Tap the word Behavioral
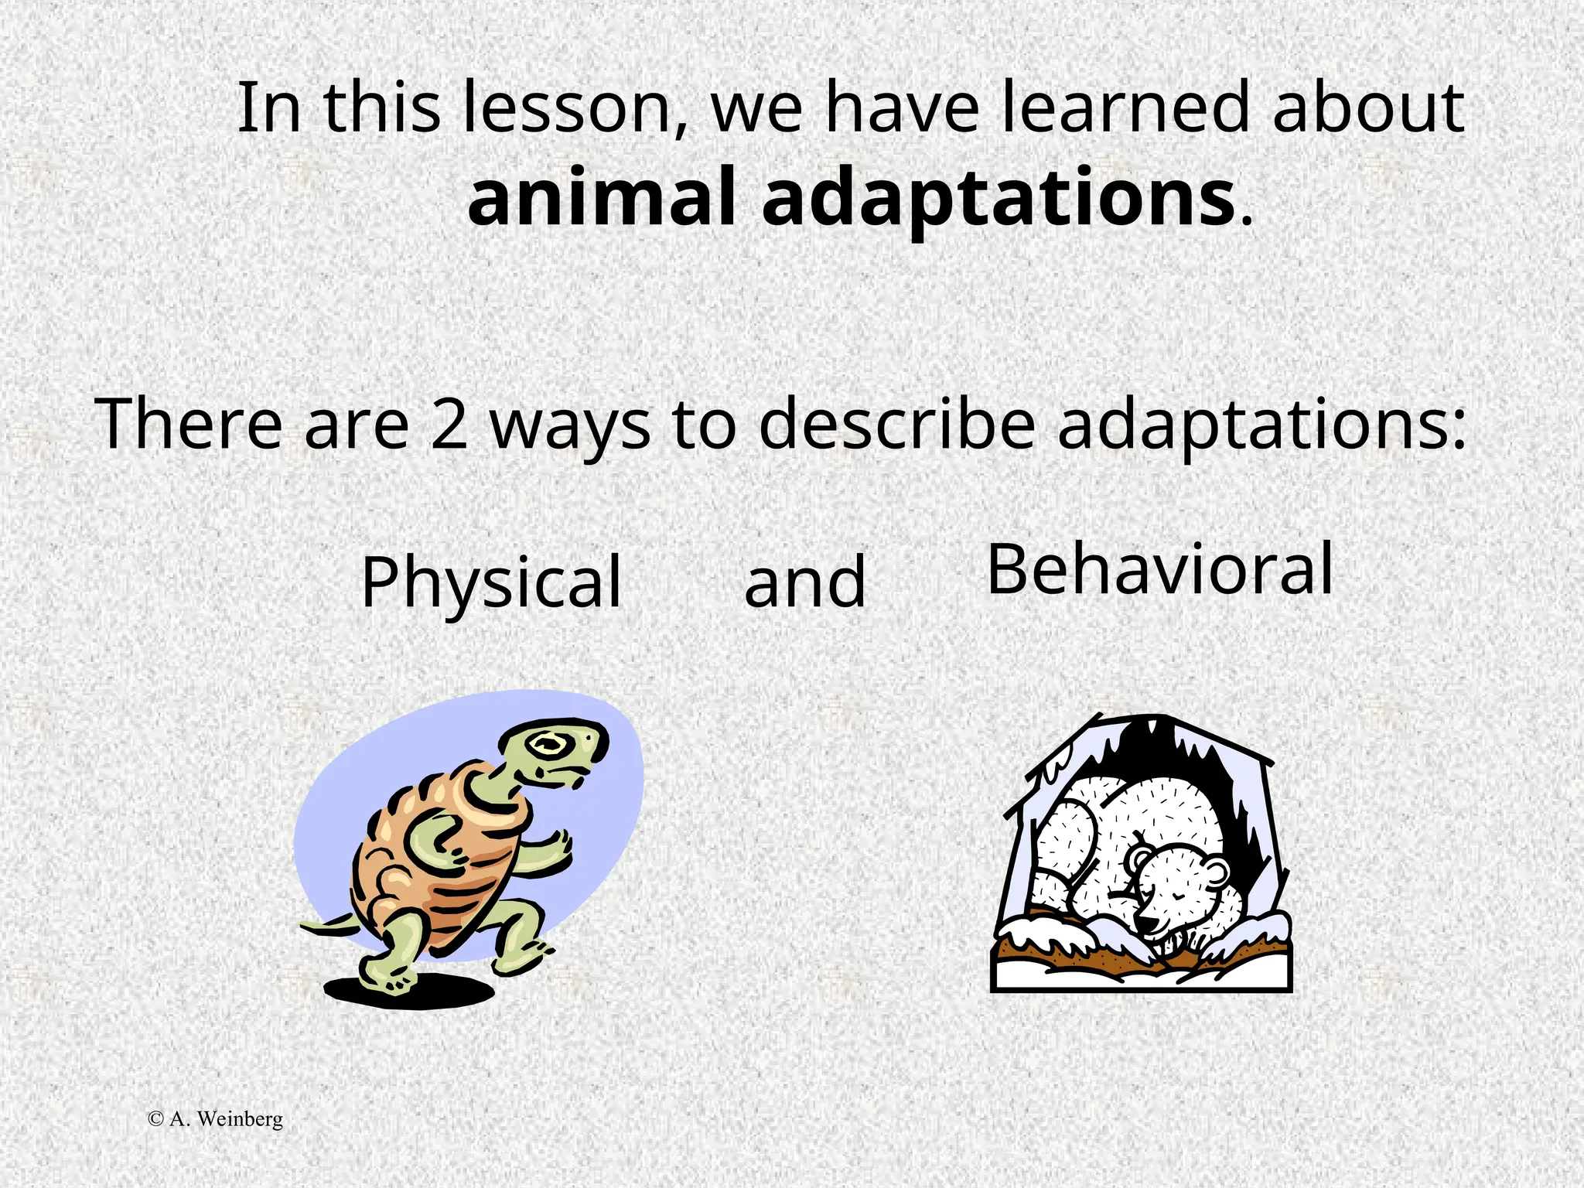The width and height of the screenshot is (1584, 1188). (1160, 570)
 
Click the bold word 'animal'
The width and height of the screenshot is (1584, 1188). (600, 199)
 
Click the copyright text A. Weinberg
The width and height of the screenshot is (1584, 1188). (216, 1119)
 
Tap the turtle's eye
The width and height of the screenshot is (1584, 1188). (548, 745)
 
